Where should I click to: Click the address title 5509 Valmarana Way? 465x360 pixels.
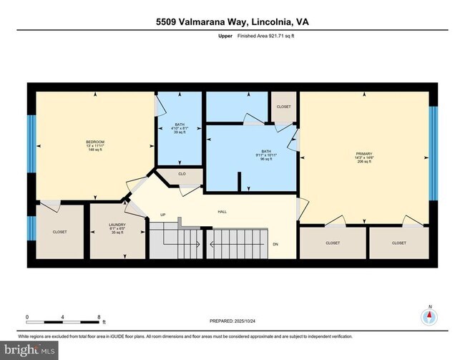232,21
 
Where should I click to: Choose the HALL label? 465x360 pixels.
222,211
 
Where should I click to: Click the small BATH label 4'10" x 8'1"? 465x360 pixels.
180,128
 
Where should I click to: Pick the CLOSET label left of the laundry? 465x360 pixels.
59,232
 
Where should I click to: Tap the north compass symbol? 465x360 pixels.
429,317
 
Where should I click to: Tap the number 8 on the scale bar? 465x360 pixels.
99,316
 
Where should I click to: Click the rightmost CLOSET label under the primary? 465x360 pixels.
399,243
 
